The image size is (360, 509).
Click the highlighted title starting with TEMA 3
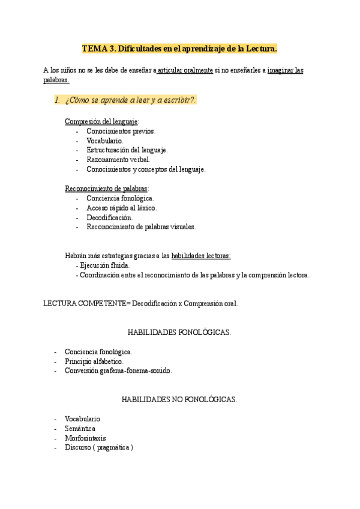pos(179,48)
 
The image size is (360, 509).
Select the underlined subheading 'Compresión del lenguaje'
pos(101,121)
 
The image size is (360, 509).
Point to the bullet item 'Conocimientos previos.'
pos(121,131)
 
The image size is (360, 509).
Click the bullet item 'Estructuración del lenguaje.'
pos(127,150)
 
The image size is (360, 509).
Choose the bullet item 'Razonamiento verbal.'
pos(118,160)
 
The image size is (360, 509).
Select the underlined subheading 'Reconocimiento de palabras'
pos(106,188)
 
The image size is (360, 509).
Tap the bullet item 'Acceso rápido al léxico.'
pos(122,208)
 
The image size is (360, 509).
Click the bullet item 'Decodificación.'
pos(110,217)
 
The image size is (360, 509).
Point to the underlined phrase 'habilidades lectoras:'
pos(201,256)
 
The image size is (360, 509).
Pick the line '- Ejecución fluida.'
pos(103,265)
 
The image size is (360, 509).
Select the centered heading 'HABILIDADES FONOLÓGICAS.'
pos(179,332)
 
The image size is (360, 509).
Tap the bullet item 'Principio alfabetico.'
pos(94,361)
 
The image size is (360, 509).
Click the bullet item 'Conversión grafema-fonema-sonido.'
pos(118,371)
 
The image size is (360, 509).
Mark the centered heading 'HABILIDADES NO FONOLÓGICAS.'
pos(179,399)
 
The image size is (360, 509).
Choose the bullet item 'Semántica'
pos(80,429)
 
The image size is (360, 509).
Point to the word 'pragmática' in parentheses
pos(112,448)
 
